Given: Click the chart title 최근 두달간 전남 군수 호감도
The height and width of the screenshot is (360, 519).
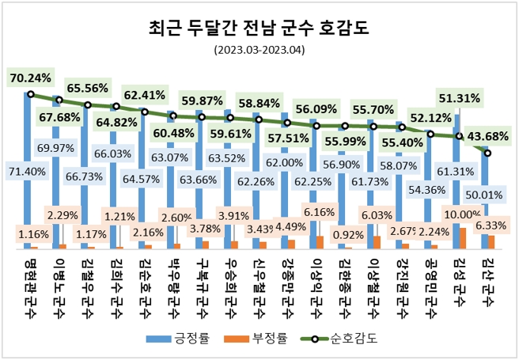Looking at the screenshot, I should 259,29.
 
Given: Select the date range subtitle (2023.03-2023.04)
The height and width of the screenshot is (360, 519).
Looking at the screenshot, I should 259,51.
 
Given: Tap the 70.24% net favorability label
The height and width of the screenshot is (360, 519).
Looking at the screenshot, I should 30,78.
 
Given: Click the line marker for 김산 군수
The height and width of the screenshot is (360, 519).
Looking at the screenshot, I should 487,153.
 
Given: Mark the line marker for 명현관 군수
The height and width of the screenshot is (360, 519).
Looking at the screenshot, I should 30,94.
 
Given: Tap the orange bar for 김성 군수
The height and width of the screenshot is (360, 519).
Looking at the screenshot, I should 463,238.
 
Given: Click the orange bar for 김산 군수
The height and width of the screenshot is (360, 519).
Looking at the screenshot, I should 491,241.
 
